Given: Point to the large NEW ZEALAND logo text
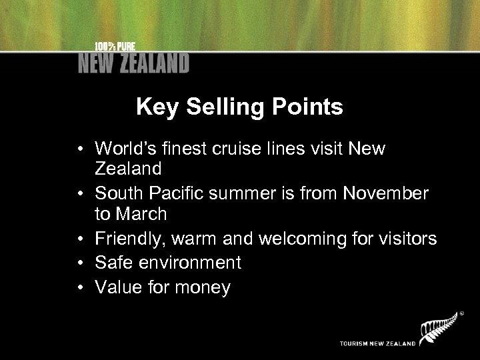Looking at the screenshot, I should tap(133, 63).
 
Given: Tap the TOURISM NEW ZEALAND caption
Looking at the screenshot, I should tap(377, 344).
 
